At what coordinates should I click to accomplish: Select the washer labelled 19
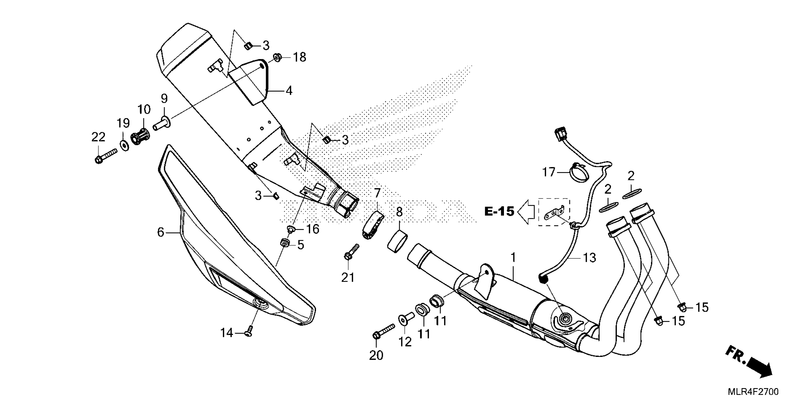pyautogui.click(x=125, y=146)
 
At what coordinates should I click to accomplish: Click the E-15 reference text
pyautogui.click(x=499, y=212)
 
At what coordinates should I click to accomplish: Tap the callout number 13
pyautogui.click(x=589, y=258)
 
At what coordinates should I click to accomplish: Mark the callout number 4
pyautogui.click(x=289, y=91)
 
